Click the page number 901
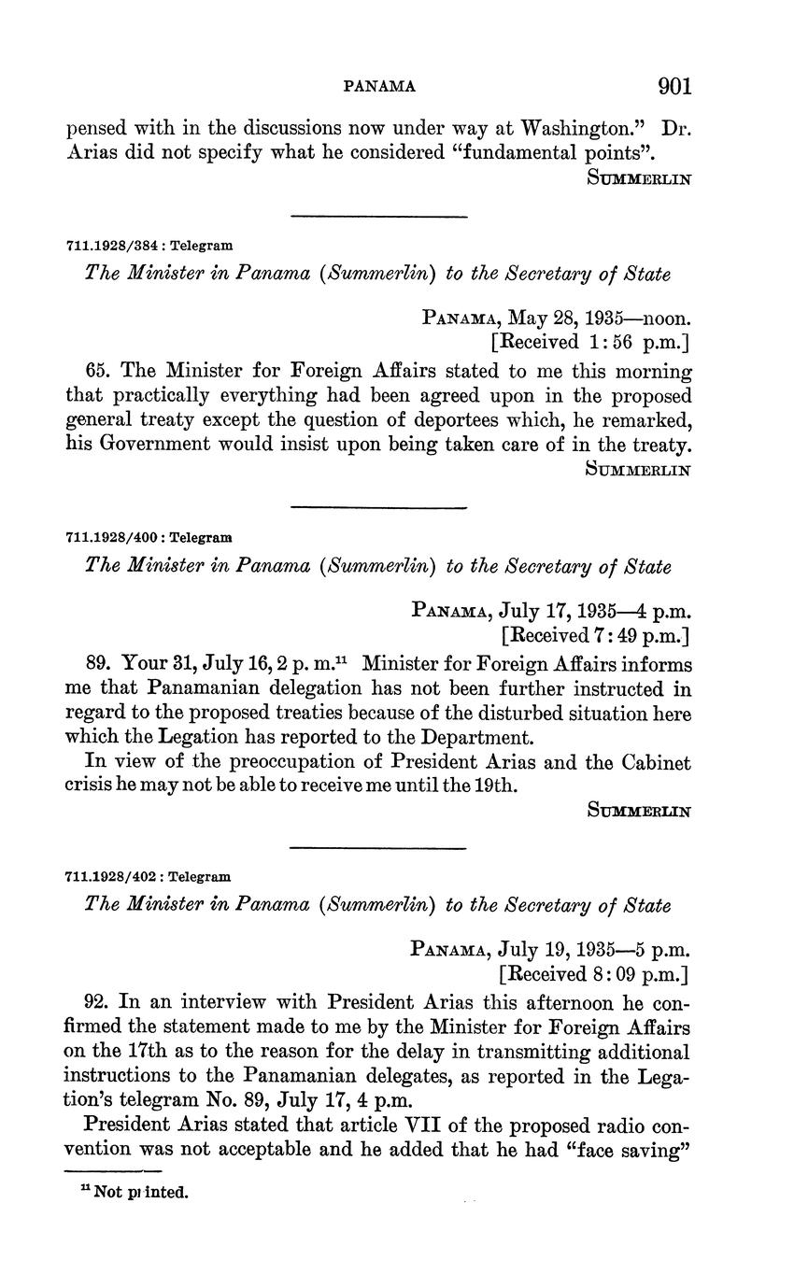[674, 87]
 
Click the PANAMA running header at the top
[380, 87]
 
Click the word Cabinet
[651, 762]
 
